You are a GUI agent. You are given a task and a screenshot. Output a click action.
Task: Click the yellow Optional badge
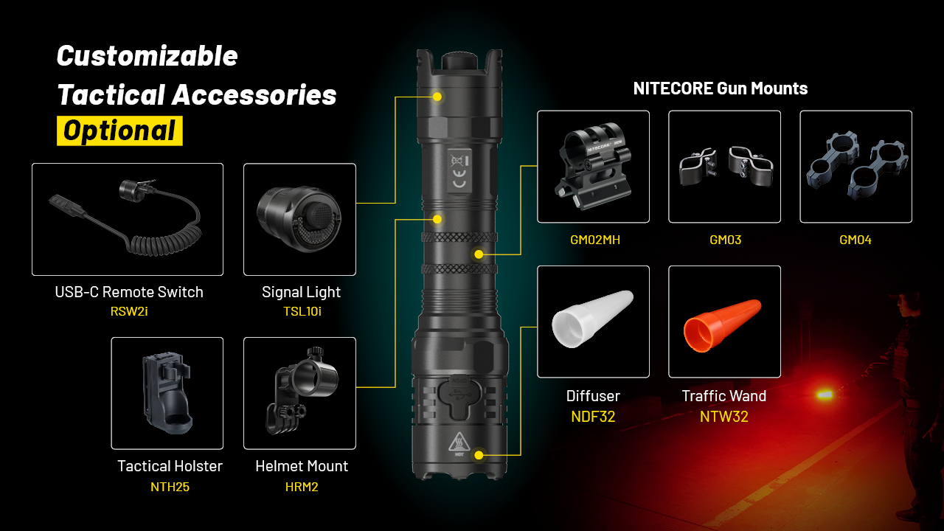(119, 131)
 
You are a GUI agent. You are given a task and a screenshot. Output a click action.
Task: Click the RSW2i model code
(129, 311)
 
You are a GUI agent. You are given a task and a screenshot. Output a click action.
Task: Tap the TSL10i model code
(302, 311)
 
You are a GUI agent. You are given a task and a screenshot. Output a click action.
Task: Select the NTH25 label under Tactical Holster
(170, 487)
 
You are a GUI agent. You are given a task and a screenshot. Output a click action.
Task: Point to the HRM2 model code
(302, 487)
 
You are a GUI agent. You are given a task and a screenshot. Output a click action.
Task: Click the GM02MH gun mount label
(595, 240)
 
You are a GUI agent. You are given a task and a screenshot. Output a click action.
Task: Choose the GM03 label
(725, 240)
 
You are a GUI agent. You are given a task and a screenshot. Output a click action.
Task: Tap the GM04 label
(855, 240)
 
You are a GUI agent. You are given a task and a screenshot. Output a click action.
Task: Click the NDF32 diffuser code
(593, 417)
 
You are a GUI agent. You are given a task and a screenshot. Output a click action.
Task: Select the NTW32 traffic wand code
(724, 417)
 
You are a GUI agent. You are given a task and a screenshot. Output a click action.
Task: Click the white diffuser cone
(592, 319)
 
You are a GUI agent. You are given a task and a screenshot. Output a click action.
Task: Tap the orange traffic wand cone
(722, 325)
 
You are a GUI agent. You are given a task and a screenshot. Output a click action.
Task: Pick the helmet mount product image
(302, 391)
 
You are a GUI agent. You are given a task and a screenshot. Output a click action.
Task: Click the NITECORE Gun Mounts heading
(721, 88)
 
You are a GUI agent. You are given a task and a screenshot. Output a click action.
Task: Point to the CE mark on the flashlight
(459, 178)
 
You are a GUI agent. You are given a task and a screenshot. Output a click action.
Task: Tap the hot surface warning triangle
(459, 442)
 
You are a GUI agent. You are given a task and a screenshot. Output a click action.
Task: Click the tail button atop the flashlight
(459, 62)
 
